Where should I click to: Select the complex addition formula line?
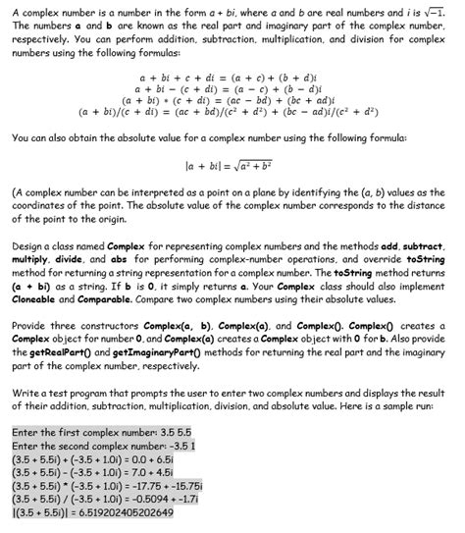click(x=232, y=75)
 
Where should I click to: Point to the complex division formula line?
click(x=232, y=111)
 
